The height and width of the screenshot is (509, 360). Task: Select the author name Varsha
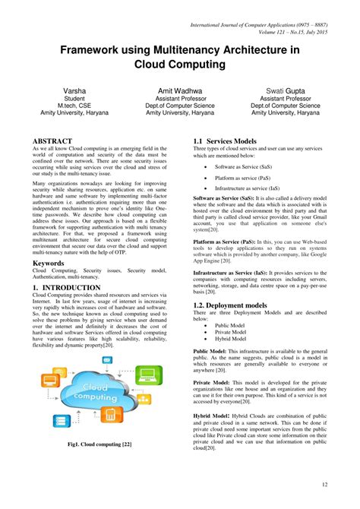[74, 90]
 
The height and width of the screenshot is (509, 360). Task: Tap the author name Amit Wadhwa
[180, 90]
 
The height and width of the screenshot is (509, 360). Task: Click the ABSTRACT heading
[52, 141]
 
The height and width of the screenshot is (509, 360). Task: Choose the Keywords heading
[49, 263]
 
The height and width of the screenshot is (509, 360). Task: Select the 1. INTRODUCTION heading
[67, 289]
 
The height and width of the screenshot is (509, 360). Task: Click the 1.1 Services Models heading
[225, 141]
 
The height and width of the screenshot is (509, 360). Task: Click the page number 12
[324, 483]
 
